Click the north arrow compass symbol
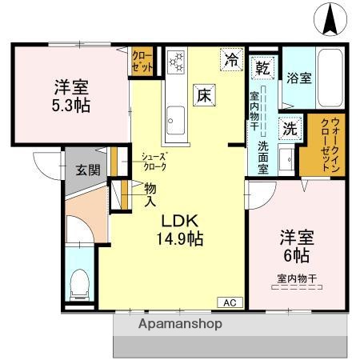pos(330,19)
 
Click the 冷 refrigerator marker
pos(232,58)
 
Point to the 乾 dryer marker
pos(262,68)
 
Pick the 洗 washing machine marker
pos(286,127)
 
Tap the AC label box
pos(230,302)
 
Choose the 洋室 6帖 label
pos(294,246)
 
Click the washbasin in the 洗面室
pos(286,154)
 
